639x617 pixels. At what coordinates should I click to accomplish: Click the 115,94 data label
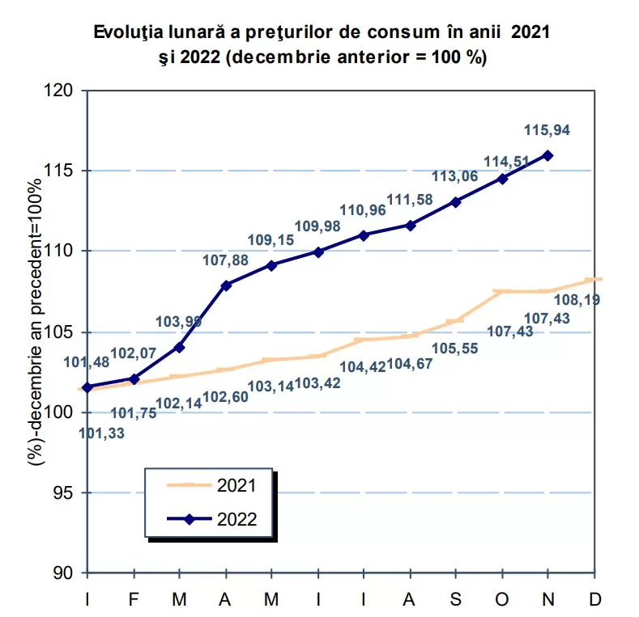pos(547,130)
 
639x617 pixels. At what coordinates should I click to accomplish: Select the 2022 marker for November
pos(548,154)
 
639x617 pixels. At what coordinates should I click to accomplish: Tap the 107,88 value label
pos(224,260)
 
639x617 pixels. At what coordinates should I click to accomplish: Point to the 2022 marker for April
pos(225,285)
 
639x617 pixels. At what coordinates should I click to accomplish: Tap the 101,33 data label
pos(101,433)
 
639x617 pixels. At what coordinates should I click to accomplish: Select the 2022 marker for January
pos(87,387)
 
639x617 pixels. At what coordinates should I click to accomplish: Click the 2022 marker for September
pos(456,202)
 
